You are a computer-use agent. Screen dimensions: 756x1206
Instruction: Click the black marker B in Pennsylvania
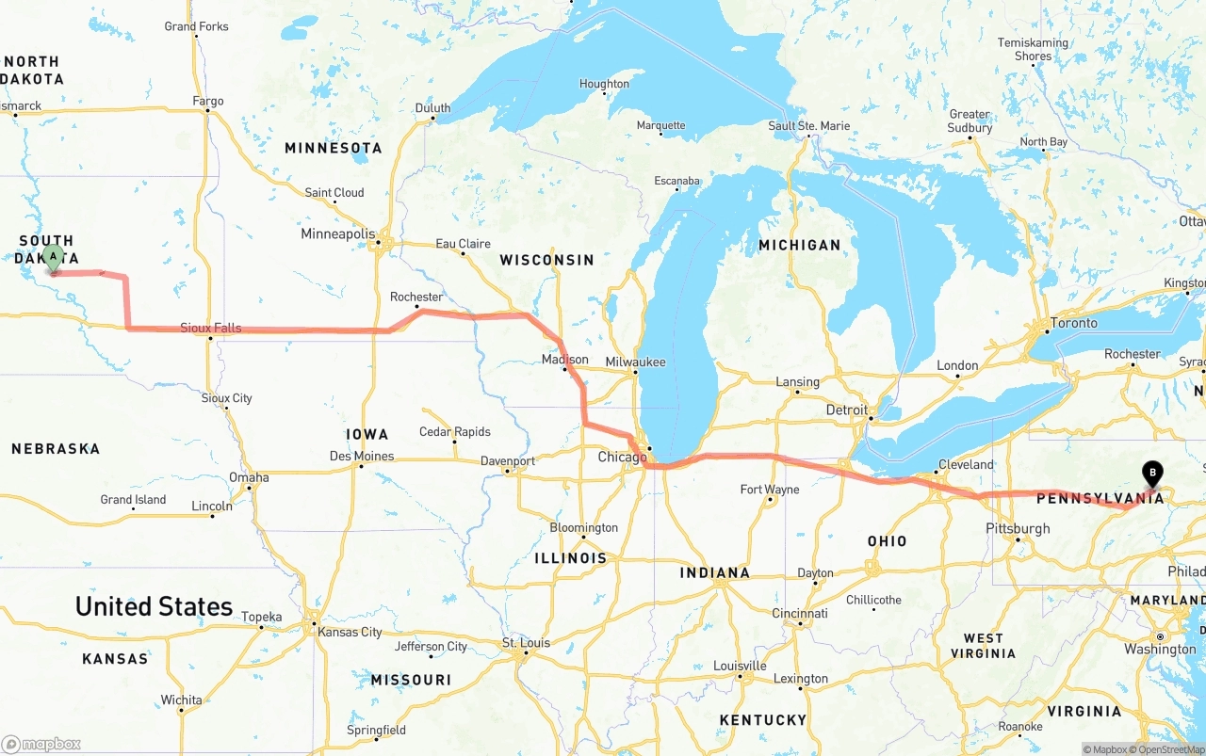[x=1151, y=473]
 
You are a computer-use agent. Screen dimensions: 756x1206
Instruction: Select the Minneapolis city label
[x=337, y=233]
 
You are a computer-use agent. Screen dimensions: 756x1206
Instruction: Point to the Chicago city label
[x=622, y=458]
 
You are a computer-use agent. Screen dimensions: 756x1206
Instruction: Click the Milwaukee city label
[x=636, y=362]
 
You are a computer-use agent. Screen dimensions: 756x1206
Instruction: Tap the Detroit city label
[x=846, y=410]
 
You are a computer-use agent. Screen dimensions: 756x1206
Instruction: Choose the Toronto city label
[x=1074, y=323]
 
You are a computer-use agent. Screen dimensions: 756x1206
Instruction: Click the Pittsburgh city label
[x=1018, y=528]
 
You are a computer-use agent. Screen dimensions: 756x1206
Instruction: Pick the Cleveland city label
[x=966, y=464]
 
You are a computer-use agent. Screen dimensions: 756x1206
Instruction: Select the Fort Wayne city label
[x=770, y=489]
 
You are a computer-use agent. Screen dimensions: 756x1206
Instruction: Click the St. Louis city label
[x=526, y=643]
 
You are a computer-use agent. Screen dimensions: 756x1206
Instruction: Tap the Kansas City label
[x=350, y=632]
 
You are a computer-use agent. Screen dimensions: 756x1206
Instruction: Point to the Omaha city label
[x=249, y=477]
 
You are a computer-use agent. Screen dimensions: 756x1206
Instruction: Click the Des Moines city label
[x=362, y=456]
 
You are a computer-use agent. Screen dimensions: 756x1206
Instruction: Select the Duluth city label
[x=432, y=108]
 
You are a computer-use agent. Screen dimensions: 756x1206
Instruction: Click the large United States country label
[x=154, y=606]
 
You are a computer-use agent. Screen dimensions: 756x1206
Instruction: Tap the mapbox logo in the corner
[x=41, y=744]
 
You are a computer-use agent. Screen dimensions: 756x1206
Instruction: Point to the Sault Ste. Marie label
[x=808, y=125]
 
